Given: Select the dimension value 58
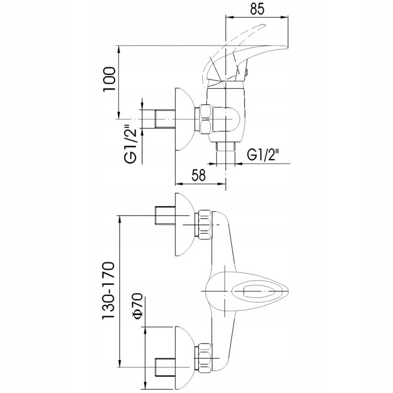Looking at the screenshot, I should (199, 175).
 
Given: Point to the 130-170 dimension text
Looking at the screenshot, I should (108, 291).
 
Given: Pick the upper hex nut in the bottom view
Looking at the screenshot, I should (205, 225).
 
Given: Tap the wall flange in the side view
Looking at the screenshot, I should (183, 119).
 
